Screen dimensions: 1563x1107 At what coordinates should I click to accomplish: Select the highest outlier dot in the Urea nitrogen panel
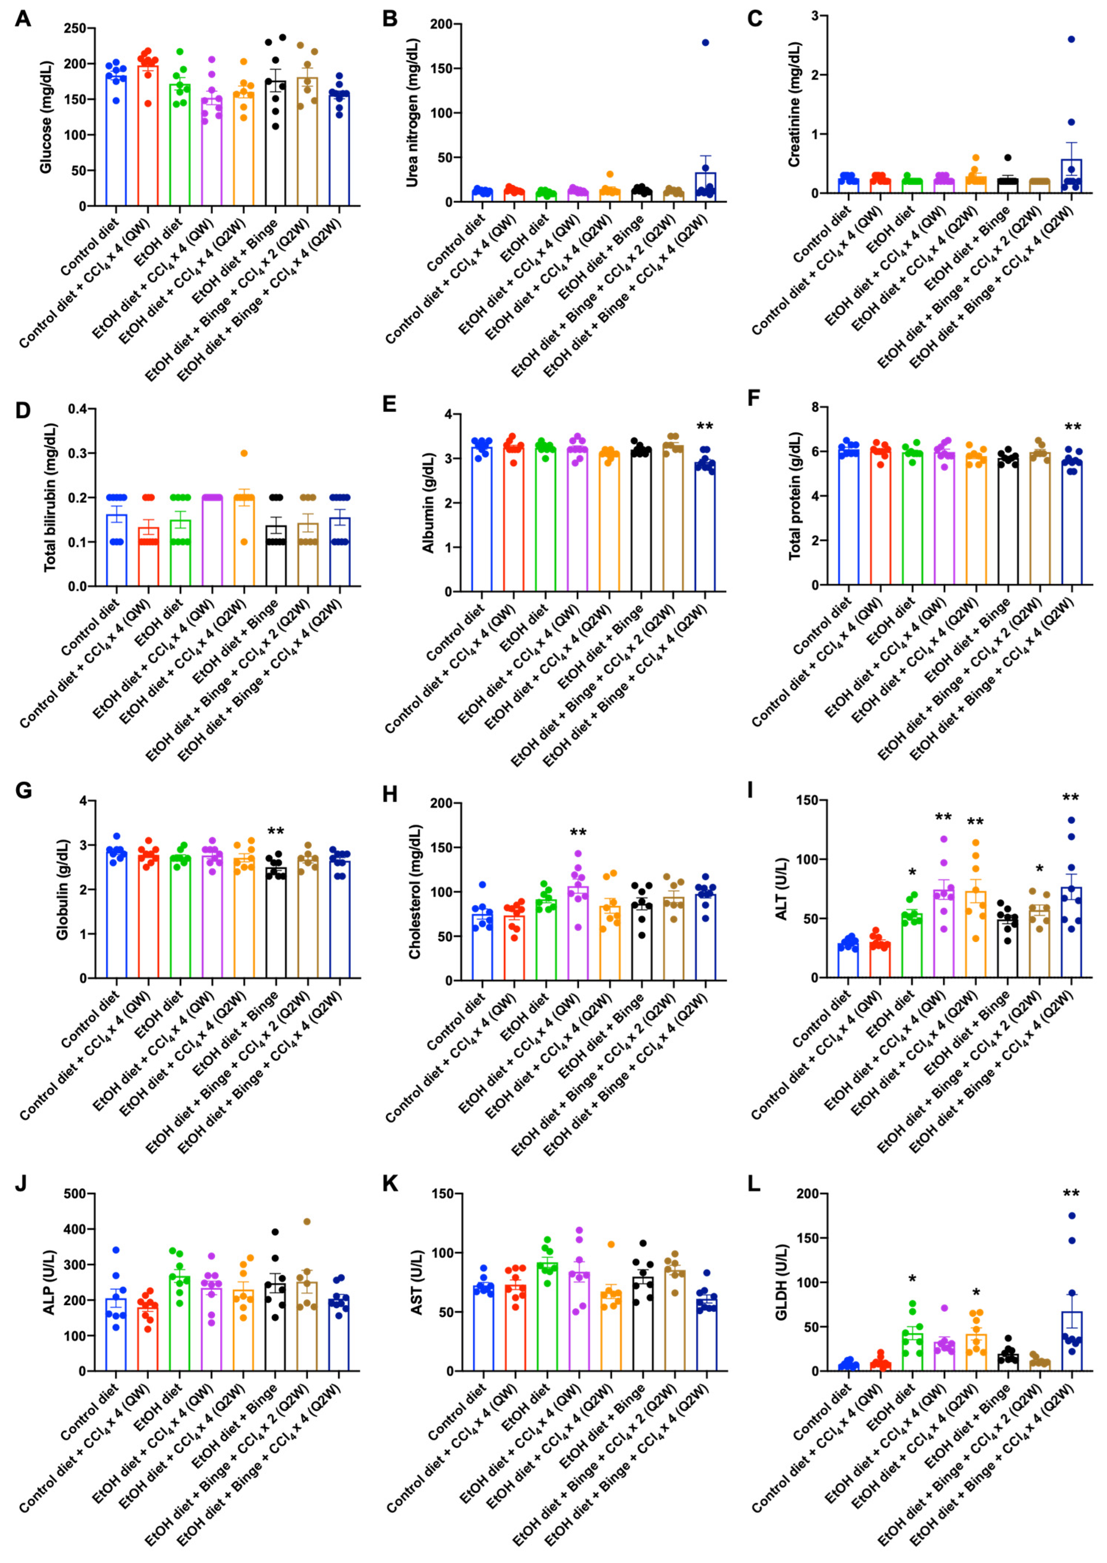pos(706,43)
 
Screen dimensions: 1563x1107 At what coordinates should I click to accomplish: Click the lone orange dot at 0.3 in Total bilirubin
pos(244,453)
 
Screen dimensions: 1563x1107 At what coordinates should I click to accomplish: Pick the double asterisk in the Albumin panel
pos(705,427)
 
